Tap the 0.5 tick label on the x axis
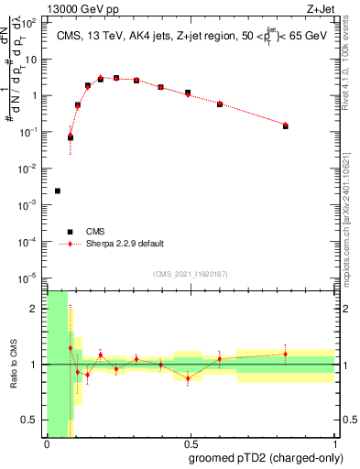point(190,444)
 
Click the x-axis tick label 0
point(47,444)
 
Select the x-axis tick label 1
point(333,444)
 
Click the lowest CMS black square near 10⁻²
point(58,191)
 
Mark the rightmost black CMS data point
point(286,125)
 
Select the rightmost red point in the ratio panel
point(286,354)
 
